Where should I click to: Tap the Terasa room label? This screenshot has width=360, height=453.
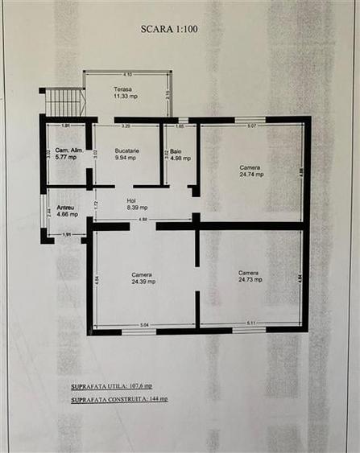(122, 89)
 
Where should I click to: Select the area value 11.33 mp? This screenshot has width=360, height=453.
(124, 97)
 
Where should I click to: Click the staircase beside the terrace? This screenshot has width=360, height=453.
(64, 102)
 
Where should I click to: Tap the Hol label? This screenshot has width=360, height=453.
(131, 200)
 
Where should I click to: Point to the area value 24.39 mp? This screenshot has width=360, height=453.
(143, 282)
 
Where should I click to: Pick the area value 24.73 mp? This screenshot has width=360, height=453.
(249, 279)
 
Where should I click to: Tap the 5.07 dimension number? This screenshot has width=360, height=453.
(251, 126)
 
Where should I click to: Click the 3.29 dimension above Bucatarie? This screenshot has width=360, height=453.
(126, 126)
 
